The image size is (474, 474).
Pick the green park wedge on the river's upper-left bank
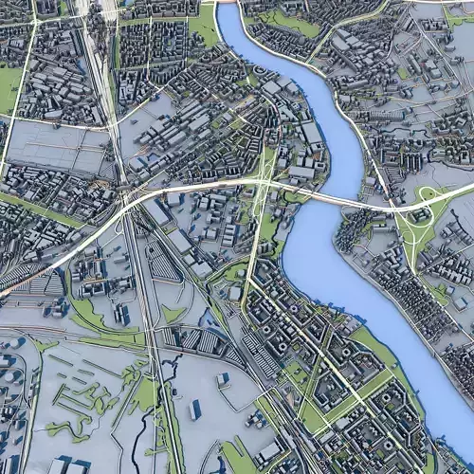point(204,26)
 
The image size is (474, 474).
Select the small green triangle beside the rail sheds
point(171,313)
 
